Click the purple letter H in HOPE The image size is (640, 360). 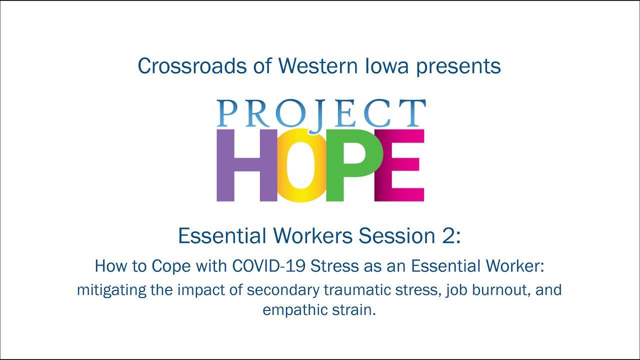246,165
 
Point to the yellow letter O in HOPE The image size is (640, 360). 300,165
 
